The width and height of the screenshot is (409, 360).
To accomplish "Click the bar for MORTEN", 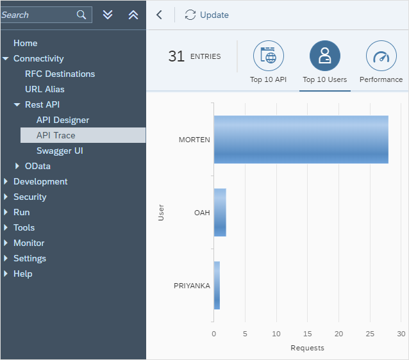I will pyautogui.click(x=301, y=140).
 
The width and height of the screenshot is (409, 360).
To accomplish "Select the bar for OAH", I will pyautogui.click(x=220, y=212).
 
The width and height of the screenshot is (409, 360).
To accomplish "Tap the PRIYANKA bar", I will pyautogui.click(x=217, y=285).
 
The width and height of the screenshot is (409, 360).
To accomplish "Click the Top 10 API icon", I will pyautogui.click(x=269, y=56).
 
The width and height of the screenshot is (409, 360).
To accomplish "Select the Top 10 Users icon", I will pyautogui.click(x=325, y=56).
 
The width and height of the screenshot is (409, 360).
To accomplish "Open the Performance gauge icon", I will pyautogui.click(x=381, y=56).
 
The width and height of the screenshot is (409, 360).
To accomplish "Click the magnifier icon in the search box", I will pyautogui.click(x=81, y=15).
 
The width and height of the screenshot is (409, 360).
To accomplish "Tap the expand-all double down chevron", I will pyautogui.click(x=108, y=15).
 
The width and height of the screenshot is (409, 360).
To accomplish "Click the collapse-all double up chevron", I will pyautogui.click(x=133, y=15).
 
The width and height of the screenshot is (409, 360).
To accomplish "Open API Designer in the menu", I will pyautogui.click(x=63, y=120).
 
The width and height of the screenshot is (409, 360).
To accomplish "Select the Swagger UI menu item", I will pyautogui.click(x=60, y=151).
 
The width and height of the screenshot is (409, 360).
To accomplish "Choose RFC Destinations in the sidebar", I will pyautogui.click(x=60, y=74).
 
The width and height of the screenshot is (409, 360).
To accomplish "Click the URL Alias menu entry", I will pyautogui.click(x=45, y=89).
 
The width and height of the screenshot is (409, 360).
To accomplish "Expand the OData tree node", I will pyautogui.click(x=18, y=166).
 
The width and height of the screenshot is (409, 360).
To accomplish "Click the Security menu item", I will pyautogui.click(x=30, y=197).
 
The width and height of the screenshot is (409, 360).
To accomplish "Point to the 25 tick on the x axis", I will pyautogui.click(x=370, y=334).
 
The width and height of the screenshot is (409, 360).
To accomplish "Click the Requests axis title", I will pyautogui.click(x=307, y=348).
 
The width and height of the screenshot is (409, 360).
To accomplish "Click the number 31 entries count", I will pyautogui.click(x=176, y=56).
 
